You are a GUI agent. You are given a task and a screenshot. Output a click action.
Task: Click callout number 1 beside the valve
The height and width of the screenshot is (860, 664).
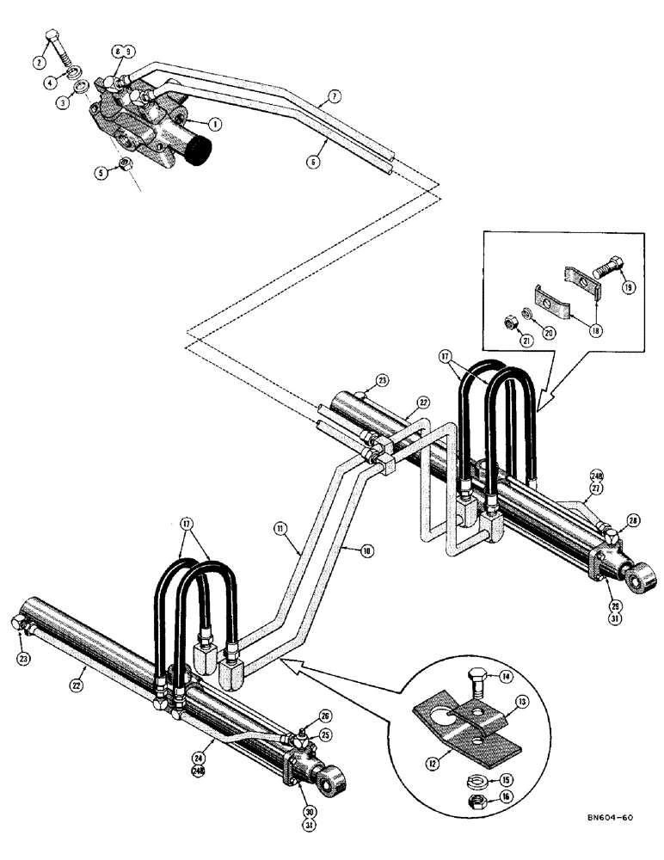tap(214, 123)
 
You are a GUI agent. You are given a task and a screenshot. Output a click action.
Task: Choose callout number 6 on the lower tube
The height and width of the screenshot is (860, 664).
tap(314, 160)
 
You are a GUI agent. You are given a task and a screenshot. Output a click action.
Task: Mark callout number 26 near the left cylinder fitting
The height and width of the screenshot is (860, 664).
tap(323, 715)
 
